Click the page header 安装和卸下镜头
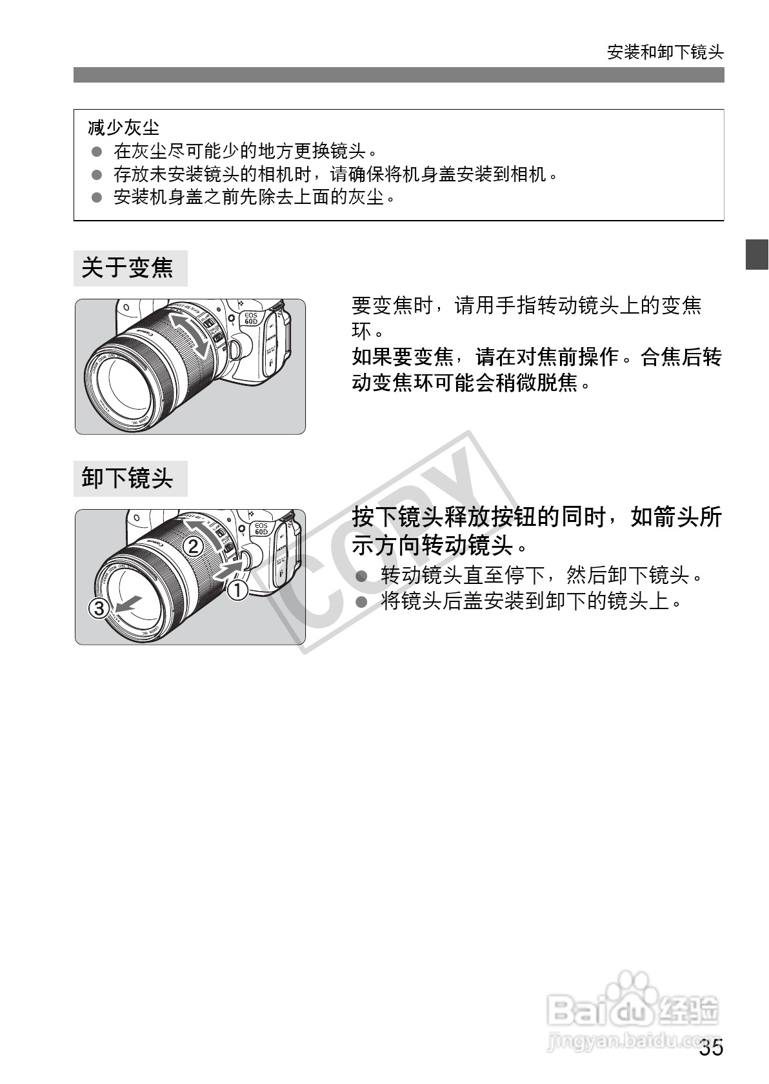coord(665,52)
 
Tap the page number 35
coord(711,1048)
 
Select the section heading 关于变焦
coord(128,268)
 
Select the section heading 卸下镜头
coord(128,478)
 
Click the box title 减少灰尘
coord(124,128)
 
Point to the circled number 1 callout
coord(237,589)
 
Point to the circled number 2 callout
coord(193,547)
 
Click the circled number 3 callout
coord(99,608)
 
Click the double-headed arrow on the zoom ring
coord(190,335)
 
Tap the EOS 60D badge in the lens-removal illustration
coord(261,529)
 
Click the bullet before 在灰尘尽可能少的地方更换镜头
coord(97,152)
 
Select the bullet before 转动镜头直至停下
coord(362,575)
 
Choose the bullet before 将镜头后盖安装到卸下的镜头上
coord(362,602)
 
